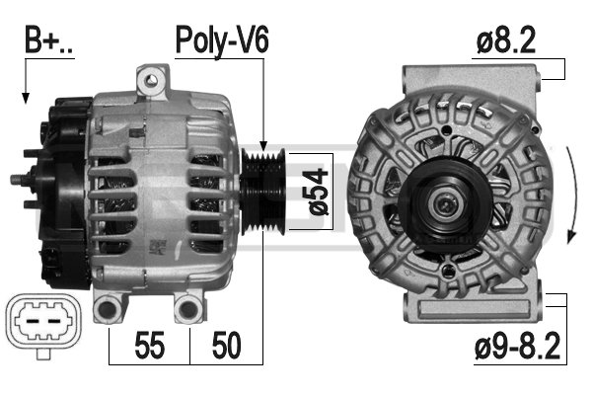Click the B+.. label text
(48, 39)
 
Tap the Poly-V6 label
(222, 40)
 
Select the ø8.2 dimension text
(506, 39)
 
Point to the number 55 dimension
(150, 345)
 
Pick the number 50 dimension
(227, 345)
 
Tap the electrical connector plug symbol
(43, 324)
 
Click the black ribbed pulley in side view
(263, 192)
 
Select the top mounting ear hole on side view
(152, 80)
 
